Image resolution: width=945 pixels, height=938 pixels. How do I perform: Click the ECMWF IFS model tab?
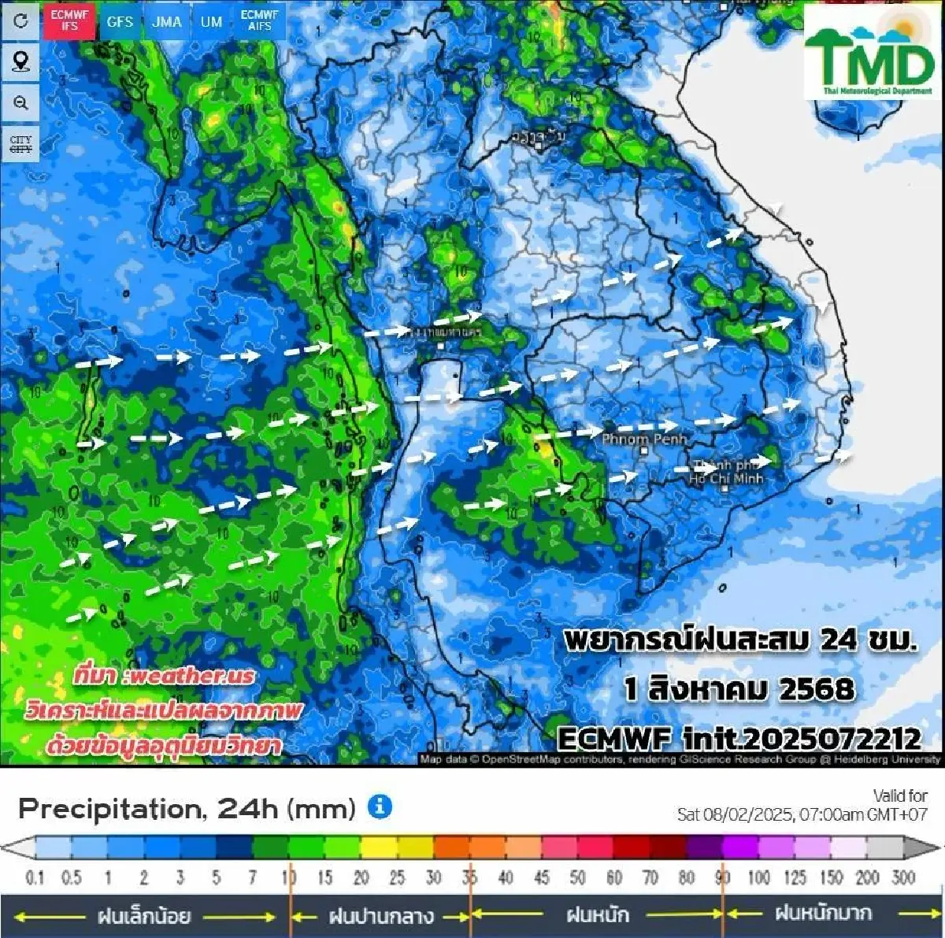(x=70, y=21)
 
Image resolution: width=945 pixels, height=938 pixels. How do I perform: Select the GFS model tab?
(x=120, y=21)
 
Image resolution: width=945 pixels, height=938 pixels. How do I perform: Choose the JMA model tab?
(x=166, y=21)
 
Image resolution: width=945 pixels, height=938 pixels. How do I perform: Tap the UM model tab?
(x=211, y=21)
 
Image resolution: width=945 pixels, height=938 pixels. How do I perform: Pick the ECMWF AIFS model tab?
(x=259, y=21)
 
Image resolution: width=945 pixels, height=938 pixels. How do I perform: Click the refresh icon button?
(x=20, y=21)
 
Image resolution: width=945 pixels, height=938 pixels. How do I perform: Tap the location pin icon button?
(x=20, y=61)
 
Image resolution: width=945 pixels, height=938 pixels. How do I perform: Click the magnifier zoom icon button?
(x=20, y=103)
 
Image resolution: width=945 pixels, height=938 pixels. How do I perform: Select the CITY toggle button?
(x=20, y=144)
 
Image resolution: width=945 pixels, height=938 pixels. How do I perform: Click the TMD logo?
(x=869, y=54)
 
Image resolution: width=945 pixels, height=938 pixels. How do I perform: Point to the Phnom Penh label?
(x=644, y=439)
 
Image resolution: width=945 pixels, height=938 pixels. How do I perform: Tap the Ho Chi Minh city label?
(x=726, y=473)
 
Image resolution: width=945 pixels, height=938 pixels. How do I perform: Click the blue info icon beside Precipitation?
(x=380, y=807)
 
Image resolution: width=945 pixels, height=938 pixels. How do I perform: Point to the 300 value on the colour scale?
(x=903, y=877)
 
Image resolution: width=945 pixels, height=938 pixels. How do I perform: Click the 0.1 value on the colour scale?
(x=35, y=877)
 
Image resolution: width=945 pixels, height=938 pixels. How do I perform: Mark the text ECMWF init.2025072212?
(x=739, y=739)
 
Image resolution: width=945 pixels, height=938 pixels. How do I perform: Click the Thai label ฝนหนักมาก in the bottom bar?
(x=823, y=914)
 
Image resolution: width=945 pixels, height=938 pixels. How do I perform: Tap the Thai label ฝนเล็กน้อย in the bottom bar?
(x=144, y=916)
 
